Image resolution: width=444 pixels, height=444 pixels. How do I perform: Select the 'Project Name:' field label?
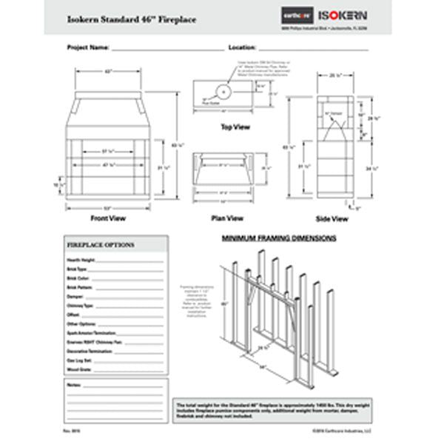tap(88, 47)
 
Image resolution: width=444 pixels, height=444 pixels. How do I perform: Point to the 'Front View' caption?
tap(107, 218)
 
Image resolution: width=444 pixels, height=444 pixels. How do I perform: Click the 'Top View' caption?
tap(235, 127)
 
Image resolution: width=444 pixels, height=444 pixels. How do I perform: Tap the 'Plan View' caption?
tap(227, 218)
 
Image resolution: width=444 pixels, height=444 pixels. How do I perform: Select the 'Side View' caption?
tap(332, 219)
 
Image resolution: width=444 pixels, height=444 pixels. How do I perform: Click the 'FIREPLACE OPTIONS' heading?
tap(101, 244)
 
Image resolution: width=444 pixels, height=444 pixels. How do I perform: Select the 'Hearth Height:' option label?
tap(81, 261)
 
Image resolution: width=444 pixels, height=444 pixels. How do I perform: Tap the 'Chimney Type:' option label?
tap(80, 306)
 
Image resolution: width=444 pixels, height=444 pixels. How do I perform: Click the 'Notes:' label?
tap(73, 386)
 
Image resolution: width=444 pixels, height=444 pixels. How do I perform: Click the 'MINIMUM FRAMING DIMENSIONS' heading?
tap(280, 239)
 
